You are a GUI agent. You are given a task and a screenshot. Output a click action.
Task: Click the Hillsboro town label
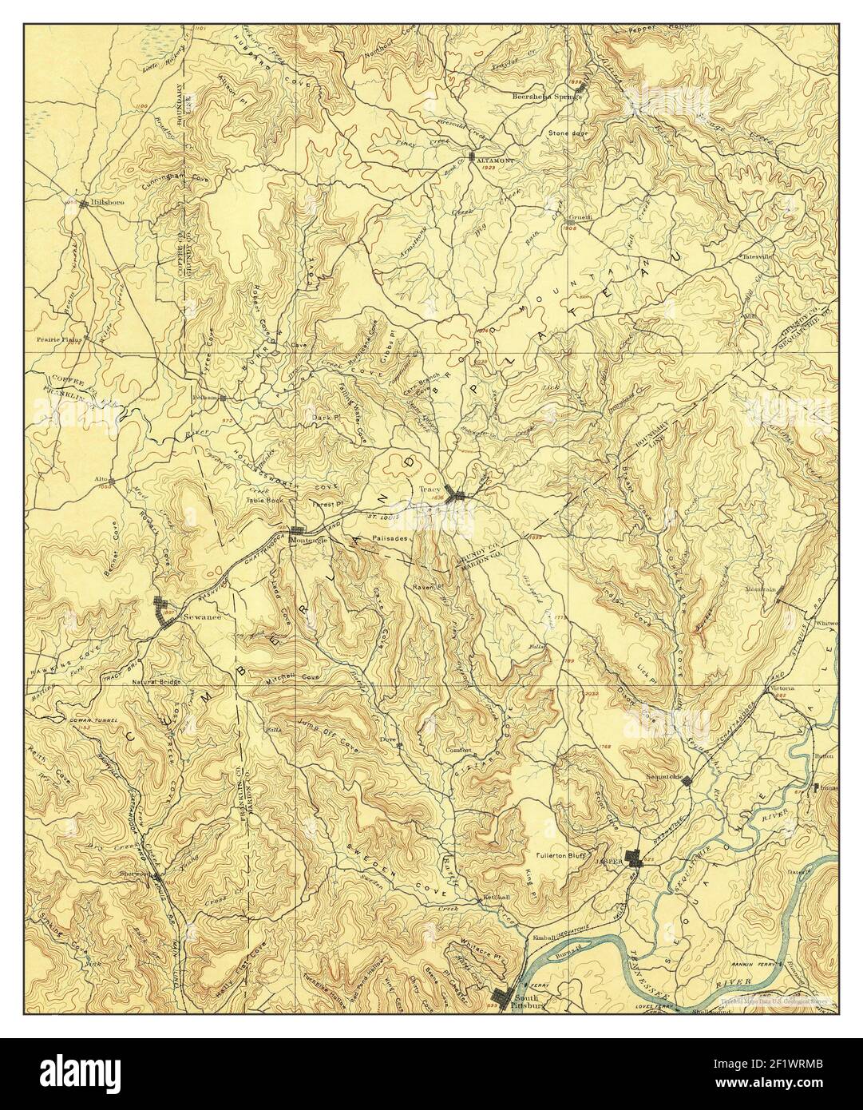(100, 204)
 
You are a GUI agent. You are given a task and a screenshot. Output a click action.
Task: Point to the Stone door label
(567, 133)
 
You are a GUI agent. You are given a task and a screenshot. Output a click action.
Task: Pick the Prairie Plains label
(65, 339)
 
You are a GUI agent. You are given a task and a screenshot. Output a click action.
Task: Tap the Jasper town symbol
(636, 859)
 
